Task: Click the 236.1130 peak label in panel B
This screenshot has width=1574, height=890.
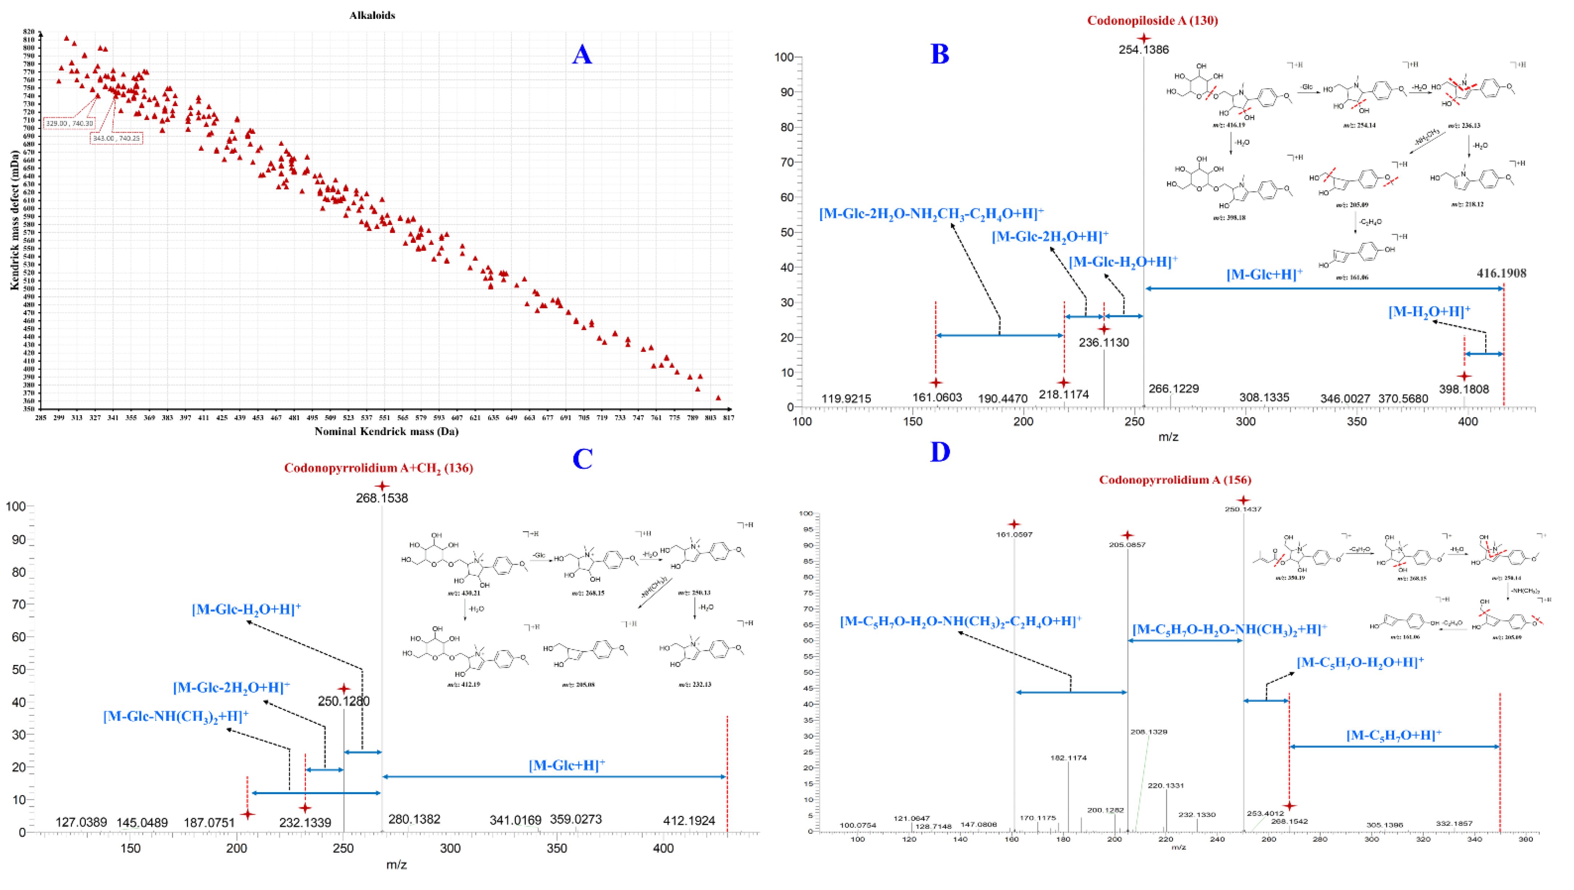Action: [1104, 342]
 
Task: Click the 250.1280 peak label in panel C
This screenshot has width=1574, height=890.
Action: [344, 701]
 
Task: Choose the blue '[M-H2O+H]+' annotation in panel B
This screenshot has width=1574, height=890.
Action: [1429, 312]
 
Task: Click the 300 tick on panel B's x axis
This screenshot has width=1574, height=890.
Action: [1245, 422]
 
